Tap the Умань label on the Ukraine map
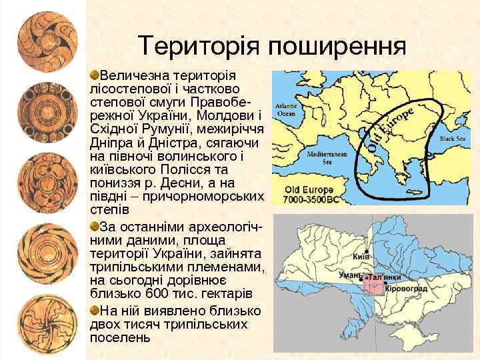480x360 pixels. (349, 274)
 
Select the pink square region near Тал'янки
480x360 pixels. (373, 285)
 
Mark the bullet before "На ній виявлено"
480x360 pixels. (95, 310)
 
